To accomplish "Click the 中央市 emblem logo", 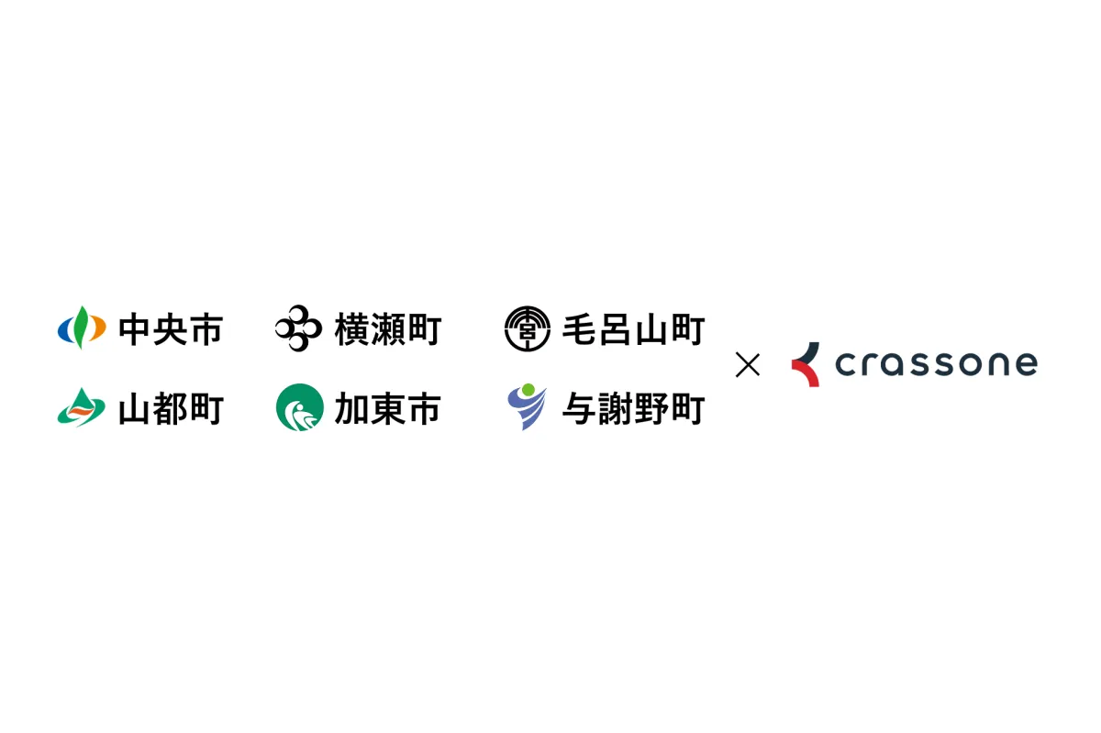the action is tap(82, 328).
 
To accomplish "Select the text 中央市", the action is tap(171, 329).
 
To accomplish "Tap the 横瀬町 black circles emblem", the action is tap(298, 328).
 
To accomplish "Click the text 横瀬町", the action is tap(388, 329).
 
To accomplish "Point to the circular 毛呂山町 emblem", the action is tap(528, 329).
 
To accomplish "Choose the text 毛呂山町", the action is tap(634, 329).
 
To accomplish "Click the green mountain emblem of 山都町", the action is tap(81, 407).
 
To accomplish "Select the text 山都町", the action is tap(171, 408).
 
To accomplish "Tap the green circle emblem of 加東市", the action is tap(300, 407).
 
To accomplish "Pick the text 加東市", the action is tap(387, 408).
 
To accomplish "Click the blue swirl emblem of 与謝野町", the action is tap(527, 407).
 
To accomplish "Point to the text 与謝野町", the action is tap(634, 408).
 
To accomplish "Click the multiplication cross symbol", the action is tap(748, 365).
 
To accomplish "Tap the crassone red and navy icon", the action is tap(806, 364).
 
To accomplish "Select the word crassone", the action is tap(937, 364).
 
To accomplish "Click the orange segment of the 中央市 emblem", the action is tap(97, 328).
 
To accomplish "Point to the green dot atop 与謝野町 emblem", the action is tap(528, 390).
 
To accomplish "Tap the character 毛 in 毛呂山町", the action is tap(580, 329).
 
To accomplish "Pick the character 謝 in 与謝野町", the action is tap(616, 408).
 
